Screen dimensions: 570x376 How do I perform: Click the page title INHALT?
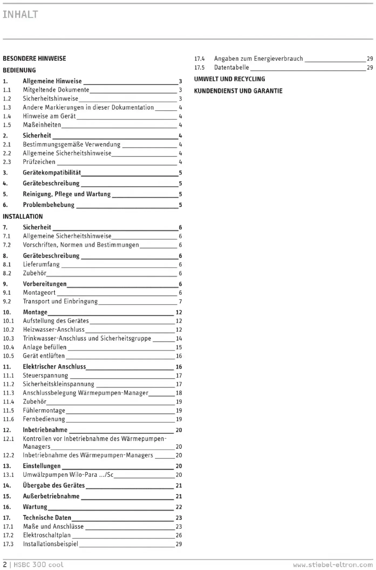point(20,15)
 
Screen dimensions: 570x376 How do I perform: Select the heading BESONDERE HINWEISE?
point(34,59)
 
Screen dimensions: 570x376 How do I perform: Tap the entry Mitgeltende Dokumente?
point(56,90)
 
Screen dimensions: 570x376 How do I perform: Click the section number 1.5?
point(7,125)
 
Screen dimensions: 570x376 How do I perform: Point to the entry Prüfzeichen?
point(39,162)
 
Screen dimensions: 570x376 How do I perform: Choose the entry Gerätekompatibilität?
point(52,172)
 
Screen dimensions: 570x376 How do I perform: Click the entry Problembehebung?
point(49,205)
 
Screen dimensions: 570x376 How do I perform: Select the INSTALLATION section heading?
point(23,216)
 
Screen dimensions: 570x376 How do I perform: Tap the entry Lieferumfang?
point(41,264)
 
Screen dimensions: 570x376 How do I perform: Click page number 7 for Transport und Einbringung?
point(180,301)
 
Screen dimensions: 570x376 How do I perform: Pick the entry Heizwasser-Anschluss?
point(54,330)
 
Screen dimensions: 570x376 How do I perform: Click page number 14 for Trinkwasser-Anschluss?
point(179,338)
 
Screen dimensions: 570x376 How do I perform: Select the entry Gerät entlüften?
point(44,356)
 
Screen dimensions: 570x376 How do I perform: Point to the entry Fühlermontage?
point(44,410)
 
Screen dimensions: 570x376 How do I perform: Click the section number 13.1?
point(8,475)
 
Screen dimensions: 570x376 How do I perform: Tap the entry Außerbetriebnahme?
point(51,496)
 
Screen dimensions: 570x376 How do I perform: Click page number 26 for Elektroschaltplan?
point(179,535)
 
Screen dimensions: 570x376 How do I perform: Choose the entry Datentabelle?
point(232,67)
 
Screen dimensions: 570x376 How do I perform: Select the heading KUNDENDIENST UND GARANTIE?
point(238,91)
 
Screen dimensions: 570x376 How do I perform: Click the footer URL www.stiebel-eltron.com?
point(333,565)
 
